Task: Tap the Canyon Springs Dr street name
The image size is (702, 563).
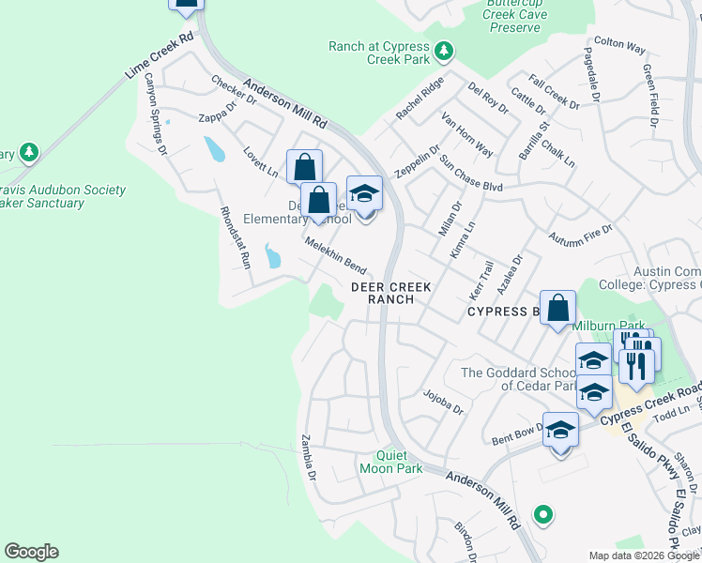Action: [x=154, y=114]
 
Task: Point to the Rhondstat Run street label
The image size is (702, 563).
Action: [x=235, y=238]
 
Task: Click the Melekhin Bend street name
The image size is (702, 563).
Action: [x=335, y=254]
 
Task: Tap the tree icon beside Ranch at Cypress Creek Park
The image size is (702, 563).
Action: [x=445, y=53]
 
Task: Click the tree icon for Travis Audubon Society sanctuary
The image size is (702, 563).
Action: [x=29, y=152]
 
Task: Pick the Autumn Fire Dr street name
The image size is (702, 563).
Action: [x=580, y=235]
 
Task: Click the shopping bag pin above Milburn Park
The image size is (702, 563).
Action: [x=557, y=308]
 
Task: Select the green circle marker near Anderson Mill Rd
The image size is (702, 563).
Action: [x=542, y=514]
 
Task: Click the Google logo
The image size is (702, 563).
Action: [x=31, y=552]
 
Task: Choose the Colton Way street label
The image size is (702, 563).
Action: [x=619, y=46]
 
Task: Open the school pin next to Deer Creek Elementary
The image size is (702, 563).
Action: [x=364, y=193]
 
